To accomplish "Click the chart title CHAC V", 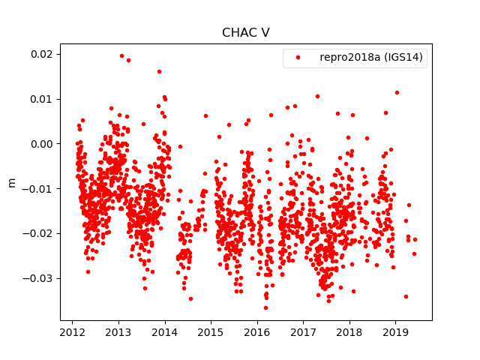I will tap(245, 33).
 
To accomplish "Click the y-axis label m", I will tap(11, 182).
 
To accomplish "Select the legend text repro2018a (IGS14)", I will tap(373, 58).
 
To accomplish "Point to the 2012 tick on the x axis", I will tap(72, 331).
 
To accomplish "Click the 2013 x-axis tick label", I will tap(118, 331).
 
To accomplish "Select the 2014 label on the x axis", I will tap(164, 331).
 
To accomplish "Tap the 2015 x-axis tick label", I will tap(211, 331).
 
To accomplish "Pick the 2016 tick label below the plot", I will tap(257, 331).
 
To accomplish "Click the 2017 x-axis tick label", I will tap(303, 331).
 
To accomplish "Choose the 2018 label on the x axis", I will tap(349, 331).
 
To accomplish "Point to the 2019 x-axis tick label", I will tap(396, 331).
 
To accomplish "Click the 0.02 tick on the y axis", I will tap(40, 54).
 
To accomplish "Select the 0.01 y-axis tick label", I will tap(40, 99).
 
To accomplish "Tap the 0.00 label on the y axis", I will tap(40, 144).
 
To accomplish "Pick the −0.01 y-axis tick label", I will tap(37, 188).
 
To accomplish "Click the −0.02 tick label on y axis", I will tap(37, 233).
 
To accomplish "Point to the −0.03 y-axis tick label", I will tap(37, 278).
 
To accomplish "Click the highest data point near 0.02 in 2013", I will tap(121, 55).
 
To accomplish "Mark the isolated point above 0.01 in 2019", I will tap(397, 92).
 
